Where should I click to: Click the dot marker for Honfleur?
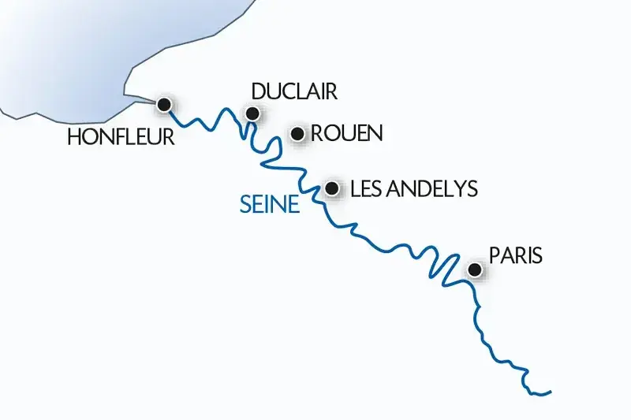(x=164, y=104)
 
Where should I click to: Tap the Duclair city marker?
(x=252, y=113)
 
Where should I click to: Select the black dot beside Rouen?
(x=298, y=134)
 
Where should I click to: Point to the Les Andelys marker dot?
(x=332, y=188)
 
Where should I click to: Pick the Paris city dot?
(x=475, y=270)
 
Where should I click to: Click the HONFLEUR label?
(x=120, y=137)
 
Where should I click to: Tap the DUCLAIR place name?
(x=293, y=92)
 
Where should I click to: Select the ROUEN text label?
(x=346, y=133)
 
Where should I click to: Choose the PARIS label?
(x=516, y=256)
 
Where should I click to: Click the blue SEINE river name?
(x=270, y=206)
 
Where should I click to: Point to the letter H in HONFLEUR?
(x=73, y=137)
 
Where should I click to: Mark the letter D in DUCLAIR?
(x=256, y=92)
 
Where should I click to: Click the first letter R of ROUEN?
(x=317, y=133)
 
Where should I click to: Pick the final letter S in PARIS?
(x=538, y=256)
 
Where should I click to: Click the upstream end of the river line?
(x=550, y=391)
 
